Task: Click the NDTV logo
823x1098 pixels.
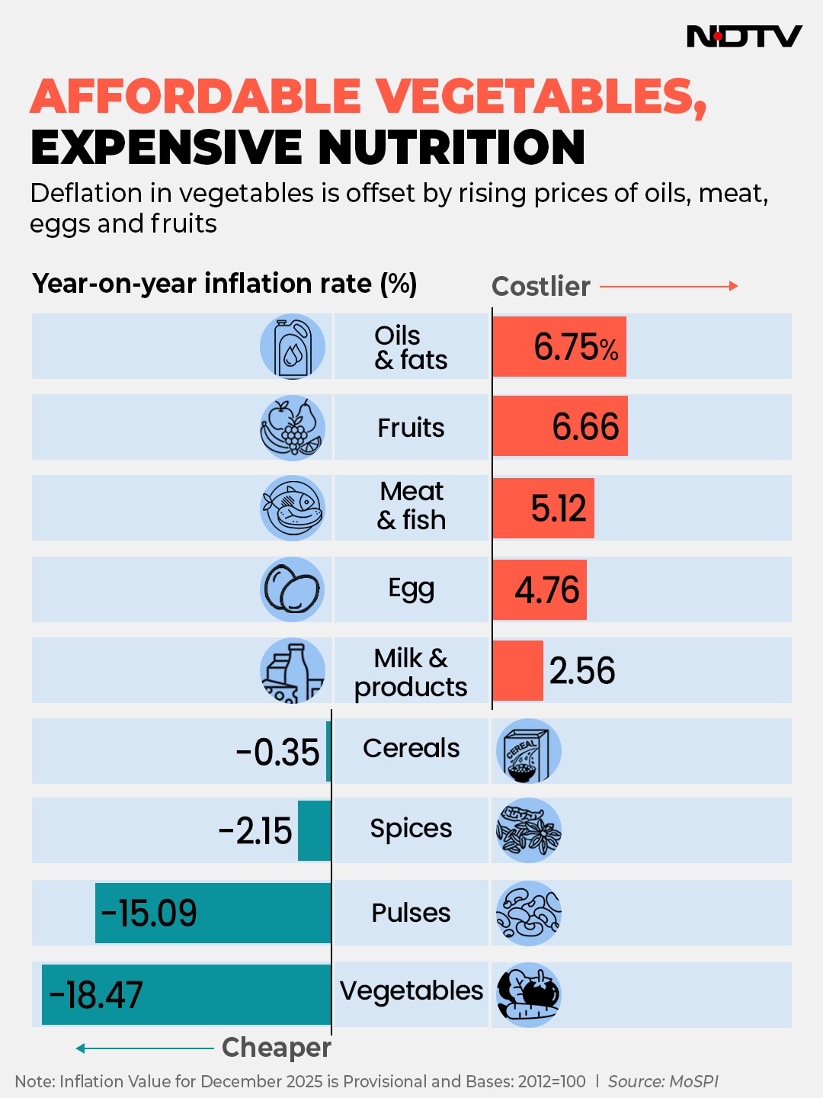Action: click(x=744, y=36)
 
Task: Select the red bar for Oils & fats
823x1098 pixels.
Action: click(x=559, y=346)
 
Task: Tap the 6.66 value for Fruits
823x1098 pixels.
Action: click(x=585, y=426)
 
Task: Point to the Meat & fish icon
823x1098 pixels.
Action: click(x=293, y=508)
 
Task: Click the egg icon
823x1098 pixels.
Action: click(x=293, y=589)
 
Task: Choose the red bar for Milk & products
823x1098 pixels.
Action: click(x=517, y=670)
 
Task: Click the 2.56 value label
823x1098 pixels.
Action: click(x=582, y=671)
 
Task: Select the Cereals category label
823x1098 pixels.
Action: click(x=411, y=748)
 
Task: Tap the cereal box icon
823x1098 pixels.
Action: click(x=528, y=751)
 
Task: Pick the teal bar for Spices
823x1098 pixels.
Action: click(x=314, y=830)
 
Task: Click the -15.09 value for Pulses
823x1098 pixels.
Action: click(x=149, y=913)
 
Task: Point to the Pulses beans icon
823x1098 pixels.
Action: click(x=528, y=913)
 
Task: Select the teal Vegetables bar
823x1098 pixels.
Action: click(x=187, y=994)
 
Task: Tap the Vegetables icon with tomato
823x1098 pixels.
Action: click(x=528, y=994)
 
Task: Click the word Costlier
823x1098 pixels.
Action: click(x=541, y=287)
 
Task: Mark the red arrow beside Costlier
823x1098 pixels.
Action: click(x=668, y=286)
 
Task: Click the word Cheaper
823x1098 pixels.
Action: click(x=276, y=1048)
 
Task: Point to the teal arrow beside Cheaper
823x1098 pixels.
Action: click(x=144, y=1048)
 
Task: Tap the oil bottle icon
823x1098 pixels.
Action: click(x=293, y=347)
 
